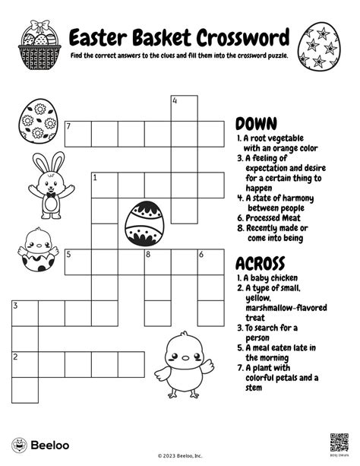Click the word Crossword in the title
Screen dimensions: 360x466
(x=245, y=37)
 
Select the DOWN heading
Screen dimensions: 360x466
(x=256, y=122)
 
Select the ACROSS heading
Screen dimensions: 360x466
(x=261, y=262)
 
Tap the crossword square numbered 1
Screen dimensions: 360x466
(x=104, y=185)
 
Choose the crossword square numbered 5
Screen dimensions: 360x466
(x=77, y=262)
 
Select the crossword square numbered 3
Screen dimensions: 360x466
(x=24, y=312)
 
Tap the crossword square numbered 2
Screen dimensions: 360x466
(x=24, y=363)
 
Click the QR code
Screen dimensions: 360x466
(x=339, y=442)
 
